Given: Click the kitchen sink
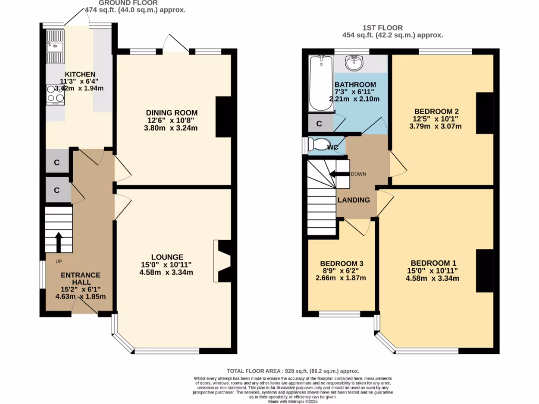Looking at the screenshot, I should (55, 46).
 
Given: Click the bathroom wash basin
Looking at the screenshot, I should (354, 63).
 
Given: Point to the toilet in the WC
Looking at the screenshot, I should (319, 144).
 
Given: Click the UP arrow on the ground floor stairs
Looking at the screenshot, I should (58, 242).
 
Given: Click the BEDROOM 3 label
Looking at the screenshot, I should (342, 264).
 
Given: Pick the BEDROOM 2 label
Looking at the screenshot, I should (437, 112).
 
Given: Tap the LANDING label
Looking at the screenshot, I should (353, 200).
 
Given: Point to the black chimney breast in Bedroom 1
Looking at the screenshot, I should (484, 270).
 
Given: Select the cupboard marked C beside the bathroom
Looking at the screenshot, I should (319, 124).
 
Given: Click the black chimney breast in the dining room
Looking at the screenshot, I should (224, 117).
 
